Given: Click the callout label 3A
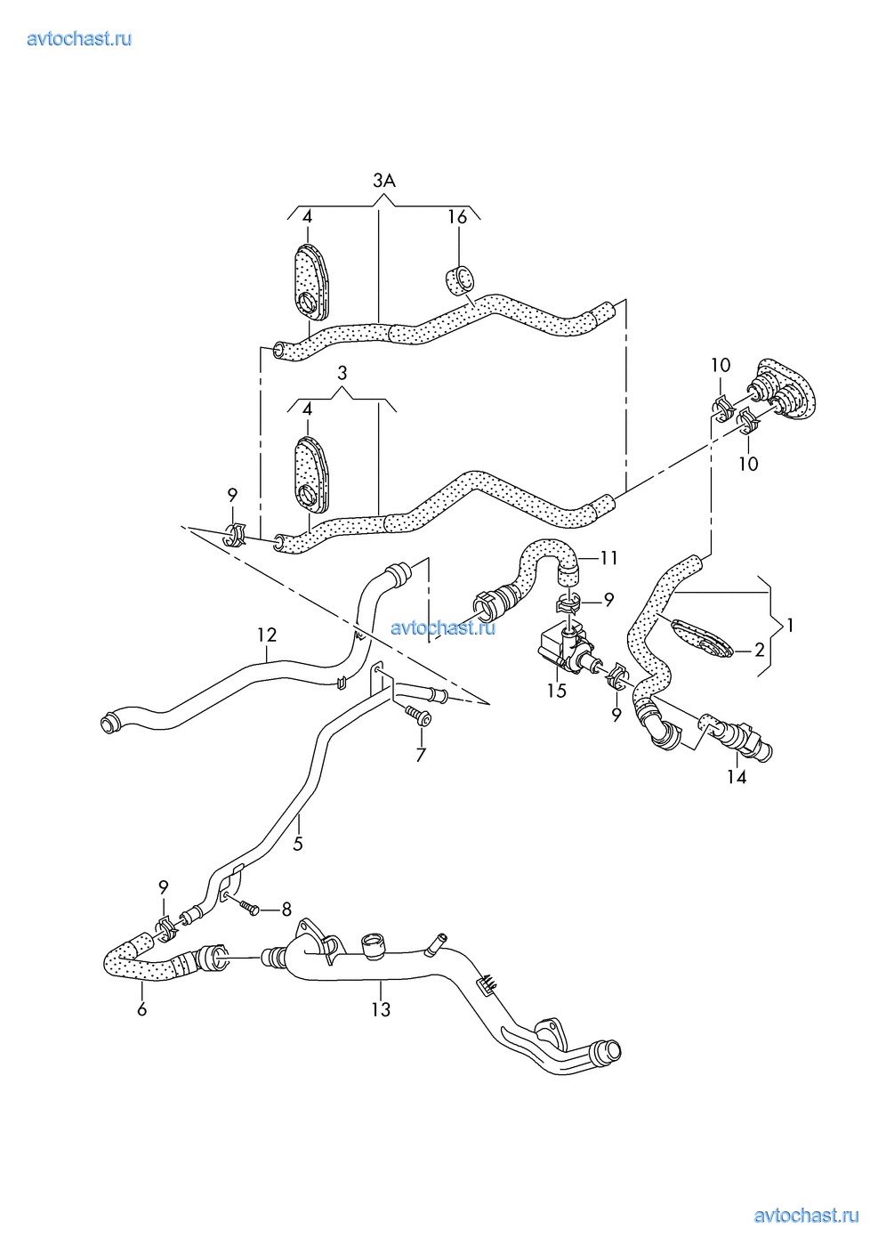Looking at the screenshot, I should pos(383,181).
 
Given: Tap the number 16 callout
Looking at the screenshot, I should pos(457,217).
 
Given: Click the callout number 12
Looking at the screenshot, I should pos(267,635).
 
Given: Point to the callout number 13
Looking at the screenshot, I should pos(381,1009).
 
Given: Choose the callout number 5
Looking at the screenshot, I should pos(298,843).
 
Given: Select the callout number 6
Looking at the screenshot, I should pos(142,1009).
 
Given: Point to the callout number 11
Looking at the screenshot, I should pos(608,558).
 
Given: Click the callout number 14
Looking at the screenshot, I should pos(737,777).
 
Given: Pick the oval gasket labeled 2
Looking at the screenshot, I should pos(702,637).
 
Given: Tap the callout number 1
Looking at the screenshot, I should pos(789,625).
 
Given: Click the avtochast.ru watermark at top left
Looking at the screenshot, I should pos(79,38).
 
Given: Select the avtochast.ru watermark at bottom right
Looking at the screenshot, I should pos(806,1216).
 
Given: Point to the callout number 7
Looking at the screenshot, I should pos(421,755).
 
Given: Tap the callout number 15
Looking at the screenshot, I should pos(557,691).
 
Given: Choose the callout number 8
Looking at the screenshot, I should pos(286,909).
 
